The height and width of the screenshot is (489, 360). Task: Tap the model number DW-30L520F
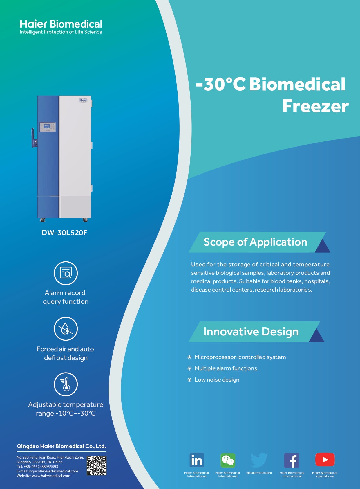pos(64,233)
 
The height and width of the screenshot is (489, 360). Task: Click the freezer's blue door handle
pos(34,138)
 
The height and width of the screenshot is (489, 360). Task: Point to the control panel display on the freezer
pos(48,127)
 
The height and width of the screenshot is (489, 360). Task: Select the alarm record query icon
pos(66,273)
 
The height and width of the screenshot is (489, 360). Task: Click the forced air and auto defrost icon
pos(66,328)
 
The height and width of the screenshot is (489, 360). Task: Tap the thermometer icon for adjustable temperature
pos(66,384)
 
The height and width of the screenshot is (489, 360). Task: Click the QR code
pos(96,465)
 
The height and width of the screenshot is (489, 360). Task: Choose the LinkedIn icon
pos(197,460)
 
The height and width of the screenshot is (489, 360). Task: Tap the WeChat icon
pos(228,460)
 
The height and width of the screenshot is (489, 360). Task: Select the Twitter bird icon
pos(259,460)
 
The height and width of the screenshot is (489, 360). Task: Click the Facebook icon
pos(291,460)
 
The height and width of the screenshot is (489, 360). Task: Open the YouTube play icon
pos(325,460)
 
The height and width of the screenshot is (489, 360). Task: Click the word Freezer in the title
pos(316,106)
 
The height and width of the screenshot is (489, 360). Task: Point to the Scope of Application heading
pos(255,242)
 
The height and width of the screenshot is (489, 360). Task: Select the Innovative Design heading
pos(251,332)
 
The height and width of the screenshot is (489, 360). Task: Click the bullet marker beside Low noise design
pos(189,380)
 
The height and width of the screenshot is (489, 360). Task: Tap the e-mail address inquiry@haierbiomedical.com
pos(53,471)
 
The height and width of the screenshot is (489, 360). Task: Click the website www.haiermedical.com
pos(51,476)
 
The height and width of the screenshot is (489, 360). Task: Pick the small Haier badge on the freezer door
pos(83,100)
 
